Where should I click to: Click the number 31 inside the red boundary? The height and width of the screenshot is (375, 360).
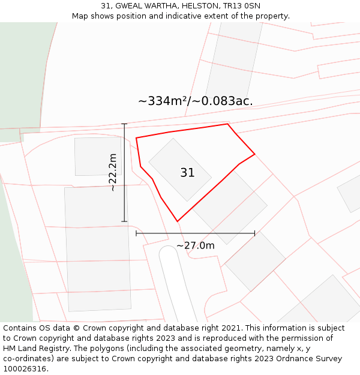click(187, 173)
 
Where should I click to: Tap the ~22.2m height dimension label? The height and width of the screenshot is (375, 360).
click(112, 172)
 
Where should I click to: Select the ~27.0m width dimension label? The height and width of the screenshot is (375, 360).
click(195, 245)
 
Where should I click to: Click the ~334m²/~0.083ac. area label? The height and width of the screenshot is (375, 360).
click(196, 101)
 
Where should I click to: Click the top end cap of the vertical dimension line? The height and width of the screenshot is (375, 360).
click(125, 124)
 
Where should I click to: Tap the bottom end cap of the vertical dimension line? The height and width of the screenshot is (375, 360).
click(125, 221)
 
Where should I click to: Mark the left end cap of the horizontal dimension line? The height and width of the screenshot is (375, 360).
click(136, 233)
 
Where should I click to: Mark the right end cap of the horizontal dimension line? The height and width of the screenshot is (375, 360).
click(254, 233)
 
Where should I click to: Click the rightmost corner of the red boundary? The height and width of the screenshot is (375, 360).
click(254, 154)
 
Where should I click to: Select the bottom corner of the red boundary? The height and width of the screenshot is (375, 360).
click(178, 221)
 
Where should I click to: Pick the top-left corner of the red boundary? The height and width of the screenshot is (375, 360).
click(136, 138)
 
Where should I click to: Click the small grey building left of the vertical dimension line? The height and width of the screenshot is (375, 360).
click(98, 156)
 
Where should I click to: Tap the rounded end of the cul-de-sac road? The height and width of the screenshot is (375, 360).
click(169, 252)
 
